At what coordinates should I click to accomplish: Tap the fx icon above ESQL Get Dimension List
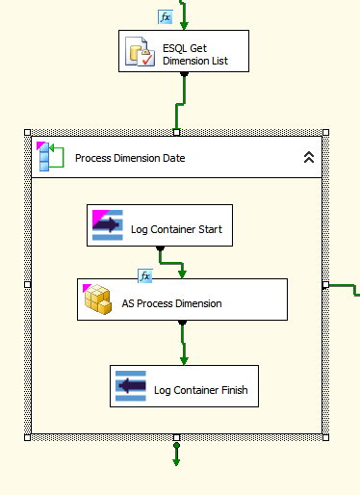tap(166, 16)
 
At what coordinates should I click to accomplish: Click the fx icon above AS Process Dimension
tap(145, 276)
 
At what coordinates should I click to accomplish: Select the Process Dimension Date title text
tap(130, 159)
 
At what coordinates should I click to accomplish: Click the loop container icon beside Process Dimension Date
tap(49, 157)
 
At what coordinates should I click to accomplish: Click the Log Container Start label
tap(176, 229)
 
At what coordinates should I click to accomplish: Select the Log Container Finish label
tap(200, 390)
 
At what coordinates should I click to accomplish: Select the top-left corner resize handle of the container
tap(28, 132)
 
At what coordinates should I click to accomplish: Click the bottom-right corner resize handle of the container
tap(325, 437)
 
